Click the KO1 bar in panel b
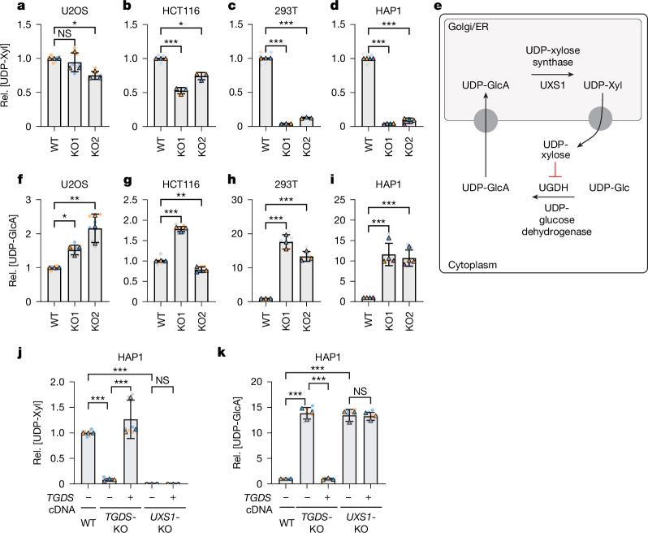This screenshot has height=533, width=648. pos(181,108)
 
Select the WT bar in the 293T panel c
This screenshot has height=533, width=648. pos(266,92)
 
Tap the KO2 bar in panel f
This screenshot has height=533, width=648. pos(95,265)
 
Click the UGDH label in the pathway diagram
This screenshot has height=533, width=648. pos(553,188)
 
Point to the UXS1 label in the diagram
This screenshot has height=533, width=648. pos(552,85)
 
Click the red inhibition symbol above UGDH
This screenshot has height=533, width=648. pos(555,171)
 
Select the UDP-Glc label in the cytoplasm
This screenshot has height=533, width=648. pos(609,188)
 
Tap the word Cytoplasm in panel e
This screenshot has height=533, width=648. pos(473,265)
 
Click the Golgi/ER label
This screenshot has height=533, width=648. pos(469,28)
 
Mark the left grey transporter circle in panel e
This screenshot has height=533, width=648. pos(486,120)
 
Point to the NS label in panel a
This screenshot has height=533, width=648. pos(64,33)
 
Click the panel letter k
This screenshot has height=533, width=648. pos(222,353)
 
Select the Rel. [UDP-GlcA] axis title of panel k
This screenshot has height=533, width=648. pos(236,433)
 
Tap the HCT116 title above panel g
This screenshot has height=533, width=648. pos(181,184)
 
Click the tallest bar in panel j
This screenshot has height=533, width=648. pos(131,452)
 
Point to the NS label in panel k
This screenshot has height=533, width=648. pos(360,391)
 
